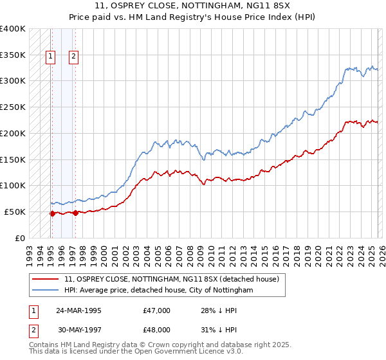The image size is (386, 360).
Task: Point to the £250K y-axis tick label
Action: click(x=13, y=107)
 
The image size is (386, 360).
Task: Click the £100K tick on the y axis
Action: click(x=13, y=185)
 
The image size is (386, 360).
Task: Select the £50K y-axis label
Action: click(x=15, y=212)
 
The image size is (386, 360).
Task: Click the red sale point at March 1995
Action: click(x=52, y=213)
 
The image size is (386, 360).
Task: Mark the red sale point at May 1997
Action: click(x=75, y=213)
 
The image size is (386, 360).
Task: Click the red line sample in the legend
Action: click(x=45, y=279)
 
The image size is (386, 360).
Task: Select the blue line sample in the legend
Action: click(x=45, y=290)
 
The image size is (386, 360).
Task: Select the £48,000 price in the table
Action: click(x=157, y=329)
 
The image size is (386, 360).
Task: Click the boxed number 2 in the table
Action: click(x=33, y=329)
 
